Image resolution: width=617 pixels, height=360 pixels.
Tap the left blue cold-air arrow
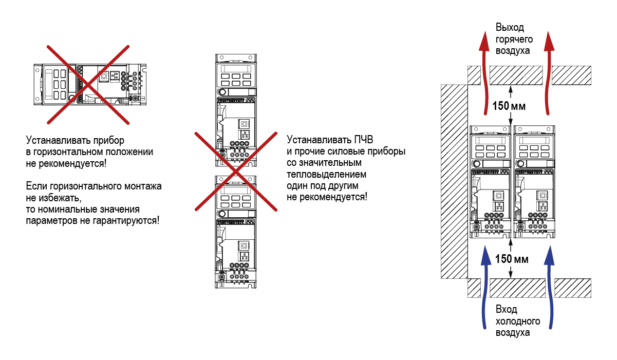(484, 288)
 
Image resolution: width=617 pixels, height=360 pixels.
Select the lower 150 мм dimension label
(511, 258)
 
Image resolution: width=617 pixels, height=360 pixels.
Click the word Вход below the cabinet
(507, 310)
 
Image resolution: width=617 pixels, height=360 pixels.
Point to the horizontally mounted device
(90, 85)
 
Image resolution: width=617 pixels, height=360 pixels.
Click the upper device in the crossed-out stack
(236, 110)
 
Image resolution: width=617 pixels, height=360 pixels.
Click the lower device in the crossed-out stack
(236, 231)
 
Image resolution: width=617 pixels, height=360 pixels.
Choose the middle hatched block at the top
(516, 75)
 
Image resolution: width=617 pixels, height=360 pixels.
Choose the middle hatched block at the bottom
(516, 288)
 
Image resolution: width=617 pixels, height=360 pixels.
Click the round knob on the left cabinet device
(477, 163)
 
